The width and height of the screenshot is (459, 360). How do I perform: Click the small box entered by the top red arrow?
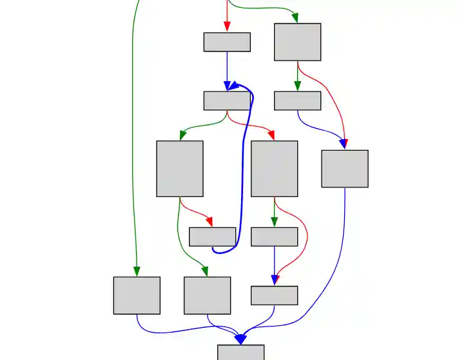(227, 42)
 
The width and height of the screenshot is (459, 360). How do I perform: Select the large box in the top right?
(297, 42)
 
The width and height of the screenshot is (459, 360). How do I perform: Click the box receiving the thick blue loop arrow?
(227, 100)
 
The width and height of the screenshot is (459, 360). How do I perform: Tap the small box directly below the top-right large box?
(297, 100)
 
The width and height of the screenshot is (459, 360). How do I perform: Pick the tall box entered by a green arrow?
(180, 169)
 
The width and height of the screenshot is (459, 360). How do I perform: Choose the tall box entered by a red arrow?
(274, 169)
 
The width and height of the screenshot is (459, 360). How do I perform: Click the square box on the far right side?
(345, 169)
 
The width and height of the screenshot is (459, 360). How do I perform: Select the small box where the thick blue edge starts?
(212, 236)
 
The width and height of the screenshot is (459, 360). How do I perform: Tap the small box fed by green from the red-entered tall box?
(274, 236)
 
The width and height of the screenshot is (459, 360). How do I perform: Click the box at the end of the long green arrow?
(137, 296)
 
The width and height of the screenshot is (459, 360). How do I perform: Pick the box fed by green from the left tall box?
(207, 296)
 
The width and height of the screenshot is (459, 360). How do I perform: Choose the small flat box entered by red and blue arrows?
(274, 295)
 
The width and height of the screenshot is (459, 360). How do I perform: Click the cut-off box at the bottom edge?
(240, 352)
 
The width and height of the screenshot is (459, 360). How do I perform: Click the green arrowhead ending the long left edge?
(137, 271)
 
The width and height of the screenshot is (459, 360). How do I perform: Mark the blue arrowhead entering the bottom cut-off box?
(240, 339)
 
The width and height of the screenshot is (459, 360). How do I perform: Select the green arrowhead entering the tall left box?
(182, 135)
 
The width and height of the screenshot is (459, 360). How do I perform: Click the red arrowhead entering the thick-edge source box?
(209, 222)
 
